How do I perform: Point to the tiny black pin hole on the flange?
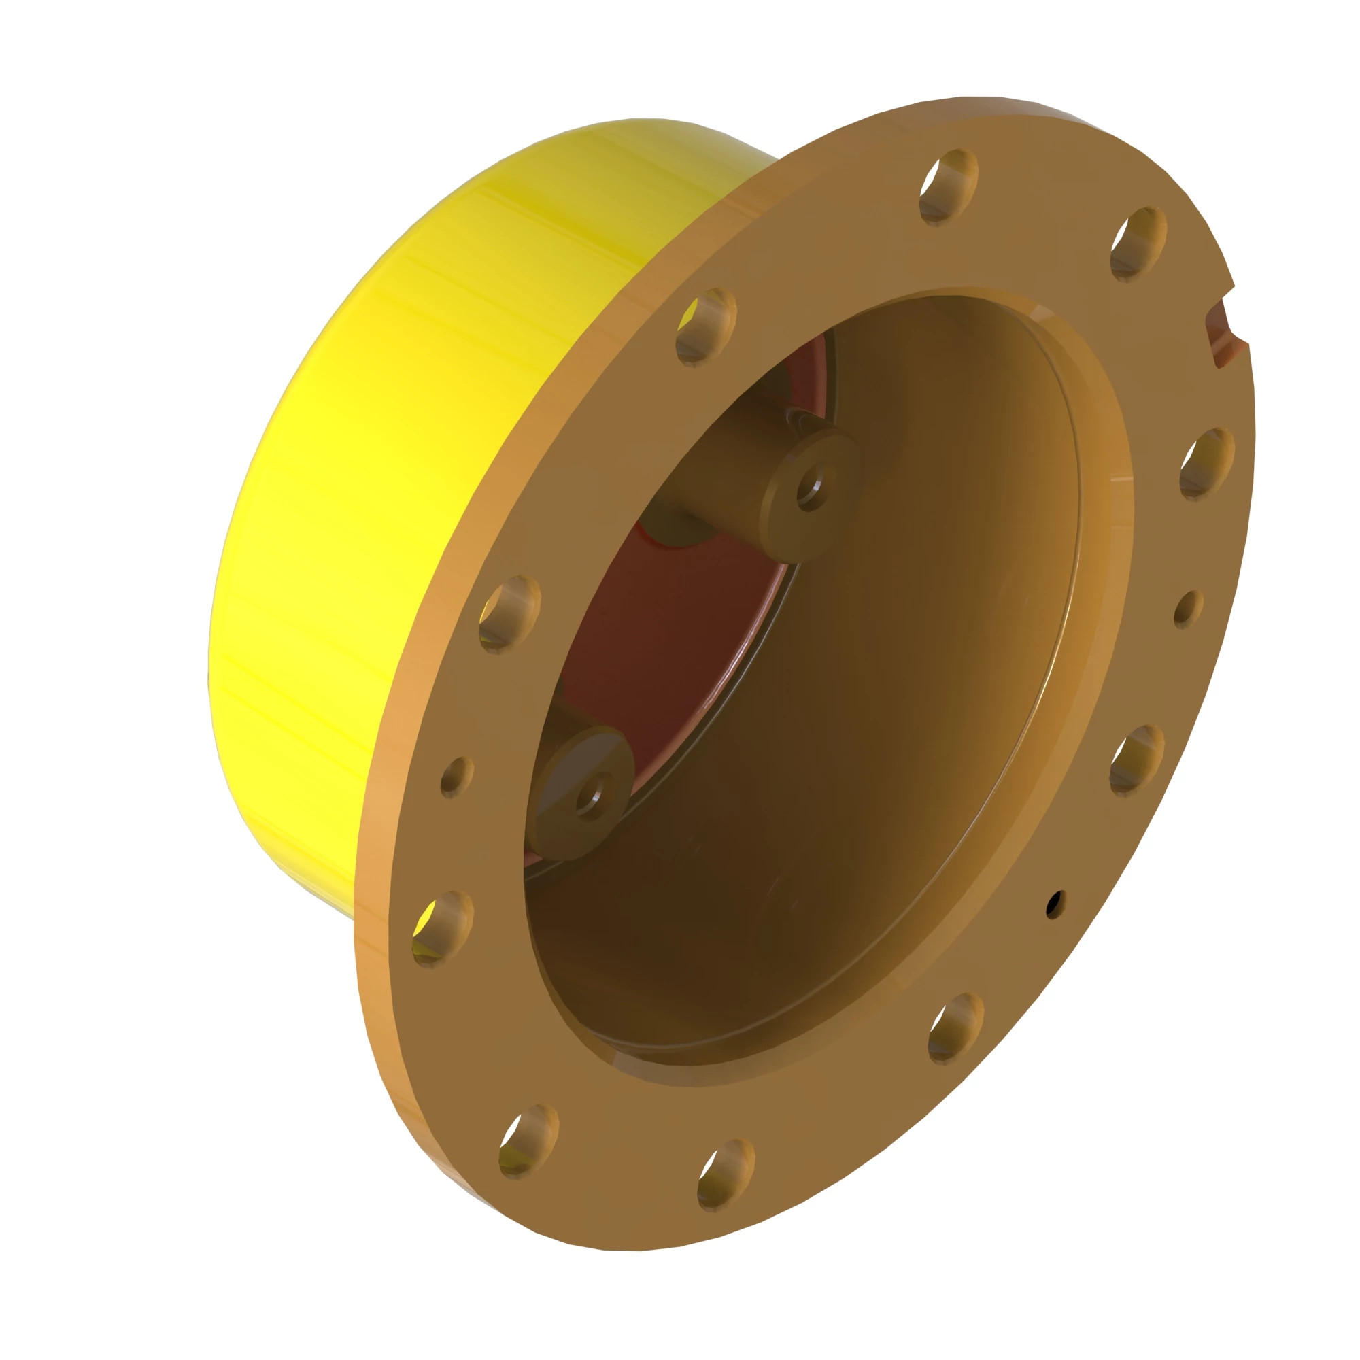tap(1054, 904)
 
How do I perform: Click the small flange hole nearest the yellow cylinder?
tap(456, 777)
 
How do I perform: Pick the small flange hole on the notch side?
tap(1188, 607)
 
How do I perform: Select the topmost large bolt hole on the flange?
tap(949, 187)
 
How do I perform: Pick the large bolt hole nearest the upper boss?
tap(706, 326)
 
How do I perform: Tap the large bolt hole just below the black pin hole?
tap(955, 1028)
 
